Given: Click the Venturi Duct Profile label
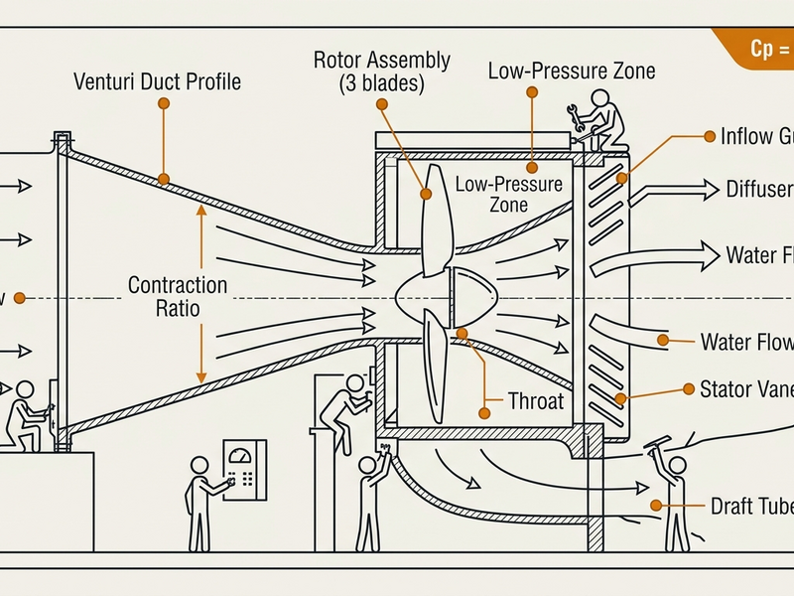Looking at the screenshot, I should coord(157,81).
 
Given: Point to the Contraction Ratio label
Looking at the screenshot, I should coord(178,297).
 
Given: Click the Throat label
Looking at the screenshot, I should coord(535,402).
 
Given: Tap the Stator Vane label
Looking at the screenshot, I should coord(745,388).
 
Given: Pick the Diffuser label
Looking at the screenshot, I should coord(758,190).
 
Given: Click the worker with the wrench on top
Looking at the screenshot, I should coord(601,118).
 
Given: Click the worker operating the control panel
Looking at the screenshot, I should coord(202,502).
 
